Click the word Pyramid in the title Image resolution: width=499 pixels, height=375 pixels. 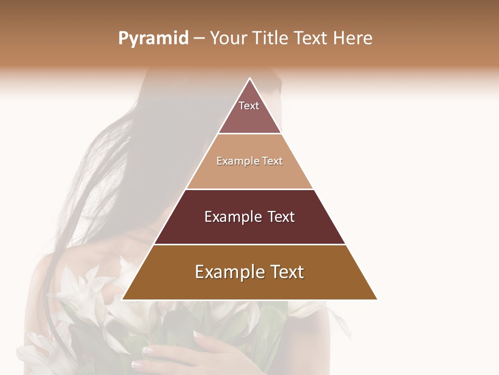(153, 39)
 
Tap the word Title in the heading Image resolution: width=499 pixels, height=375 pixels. (271, 38)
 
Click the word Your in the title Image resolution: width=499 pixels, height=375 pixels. (229, 38)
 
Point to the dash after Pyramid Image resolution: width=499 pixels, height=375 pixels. (199, 39)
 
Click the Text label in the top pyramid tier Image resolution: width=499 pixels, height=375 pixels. (249, 106)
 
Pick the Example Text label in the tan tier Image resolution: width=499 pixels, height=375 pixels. (249, 161)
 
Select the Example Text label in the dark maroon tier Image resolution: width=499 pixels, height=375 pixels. (249, 217)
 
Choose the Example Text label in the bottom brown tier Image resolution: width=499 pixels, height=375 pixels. (249, 272)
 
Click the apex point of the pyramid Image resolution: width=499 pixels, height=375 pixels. (250, 79)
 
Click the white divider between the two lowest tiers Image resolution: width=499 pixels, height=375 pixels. (249, 244)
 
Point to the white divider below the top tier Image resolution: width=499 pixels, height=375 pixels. (249, 133)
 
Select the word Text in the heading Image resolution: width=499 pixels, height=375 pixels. (311, 38)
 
